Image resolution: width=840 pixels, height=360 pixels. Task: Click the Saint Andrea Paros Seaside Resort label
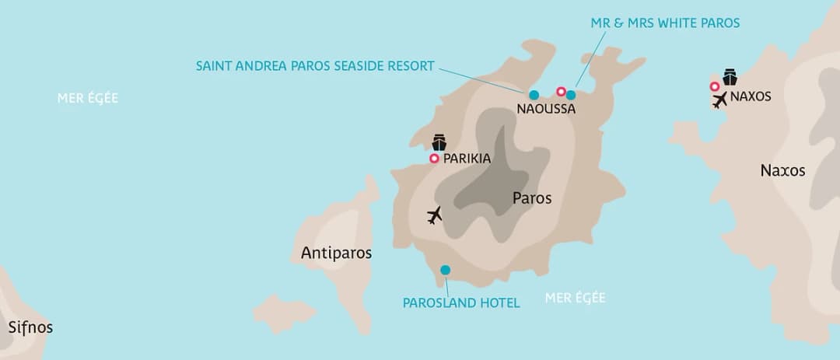pyautogui.click(x=315, y=66)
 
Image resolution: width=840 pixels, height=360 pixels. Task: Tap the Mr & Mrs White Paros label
pyautogui.click(x=665, y=23)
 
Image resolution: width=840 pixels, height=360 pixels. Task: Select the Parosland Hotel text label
pyautogui.click(x=461, y=302)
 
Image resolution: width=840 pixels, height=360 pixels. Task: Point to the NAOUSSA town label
pyautogui.click(x=546, y=110)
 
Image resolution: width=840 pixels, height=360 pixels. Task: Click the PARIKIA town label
pyautogui.click(x=467, y=159)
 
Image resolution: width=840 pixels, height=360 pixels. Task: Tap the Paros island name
pyautogui.click(x=532, y=198)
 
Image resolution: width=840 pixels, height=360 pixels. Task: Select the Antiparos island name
pyautogui.click(x=336, y=253)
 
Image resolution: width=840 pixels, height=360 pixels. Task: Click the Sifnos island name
pyautogui.click(x=30, y=327)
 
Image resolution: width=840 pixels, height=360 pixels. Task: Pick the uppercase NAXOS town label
pyautogui.click(x=751, y=96)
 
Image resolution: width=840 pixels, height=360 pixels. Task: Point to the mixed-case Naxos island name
pyautogui.click(x=782, y=170)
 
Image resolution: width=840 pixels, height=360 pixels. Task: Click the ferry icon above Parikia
pyautogui.click(x=439, y=142)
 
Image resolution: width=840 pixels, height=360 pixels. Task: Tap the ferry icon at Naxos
pyautogui.click(x=730, y=77)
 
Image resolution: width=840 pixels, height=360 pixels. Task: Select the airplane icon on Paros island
pyautogui.click(x=435, y=215)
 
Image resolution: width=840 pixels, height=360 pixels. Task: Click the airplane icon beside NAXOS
pyautogui.click(x=719, y=100)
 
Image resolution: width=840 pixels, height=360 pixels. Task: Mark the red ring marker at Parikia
pyautogui.click(x=434, y=159)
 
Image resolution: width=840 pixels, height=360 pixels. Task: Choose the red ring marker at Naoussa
pyautogui.click(x=561, y=92)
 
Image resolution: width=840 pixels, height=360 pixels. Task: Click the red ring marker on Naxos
pyautogui.click(x=714, y=86)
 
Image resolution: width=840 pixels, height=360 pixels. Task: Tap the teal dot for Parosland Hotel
pyautogui.click(x=445, y=270)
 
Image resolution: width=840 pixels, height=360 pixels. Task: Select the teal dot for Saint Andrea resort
pyautogui.click(x=534, y=95)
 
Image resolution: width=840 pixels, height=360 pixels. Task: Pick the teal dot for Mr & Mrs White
pyautogui.click(x=571, y=95)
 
